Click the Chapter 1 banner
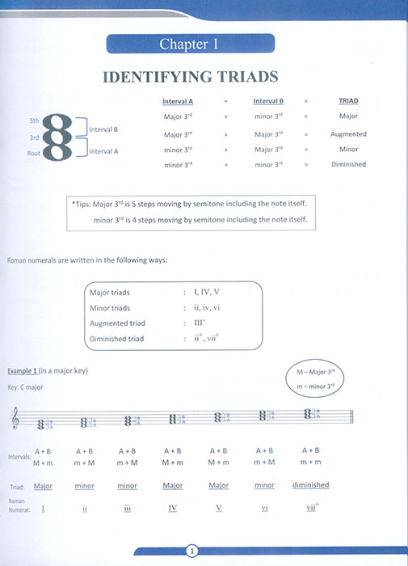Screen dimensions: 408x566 [188, 44]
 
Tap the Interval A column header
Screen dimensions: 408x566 [178, 102]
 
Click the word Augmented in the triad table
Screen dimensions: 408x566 [349, 134]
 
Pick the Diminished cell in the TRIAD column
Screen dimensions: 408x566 [349, 165]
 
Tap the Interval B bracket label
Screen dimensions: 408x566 [103, 129]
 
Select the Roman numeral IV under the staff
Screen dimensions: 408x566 [173, 509]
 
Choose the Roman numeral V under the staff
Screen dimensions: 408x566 [219, 509]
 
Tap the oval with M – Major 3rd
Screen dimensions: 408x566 [321, 376]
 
